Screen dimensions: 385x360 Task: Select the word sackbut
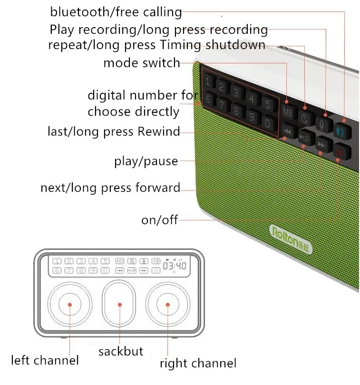click(x=120, y=352)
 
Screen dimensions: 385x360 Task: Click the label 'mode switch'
click(x=141, y=62)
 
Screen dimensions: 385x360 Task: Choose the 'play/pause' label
click(x=146, y=161)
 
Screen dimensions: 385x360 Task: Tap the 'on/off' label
click(x=159, y=220)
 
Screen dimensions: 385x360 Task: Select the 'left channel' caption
click(x=45, y=360)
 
